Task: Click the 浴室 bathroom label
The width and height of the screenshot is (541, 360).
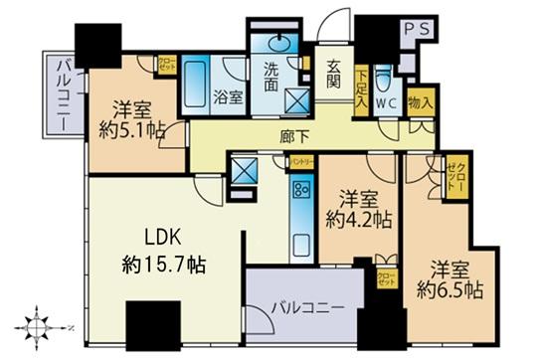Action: tap(228, 97)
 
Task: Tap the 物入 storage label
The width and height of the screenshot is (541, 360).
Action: tap(422, 99)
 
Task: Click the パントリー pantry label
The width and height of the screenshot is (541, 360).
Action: tap(302, 160)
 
